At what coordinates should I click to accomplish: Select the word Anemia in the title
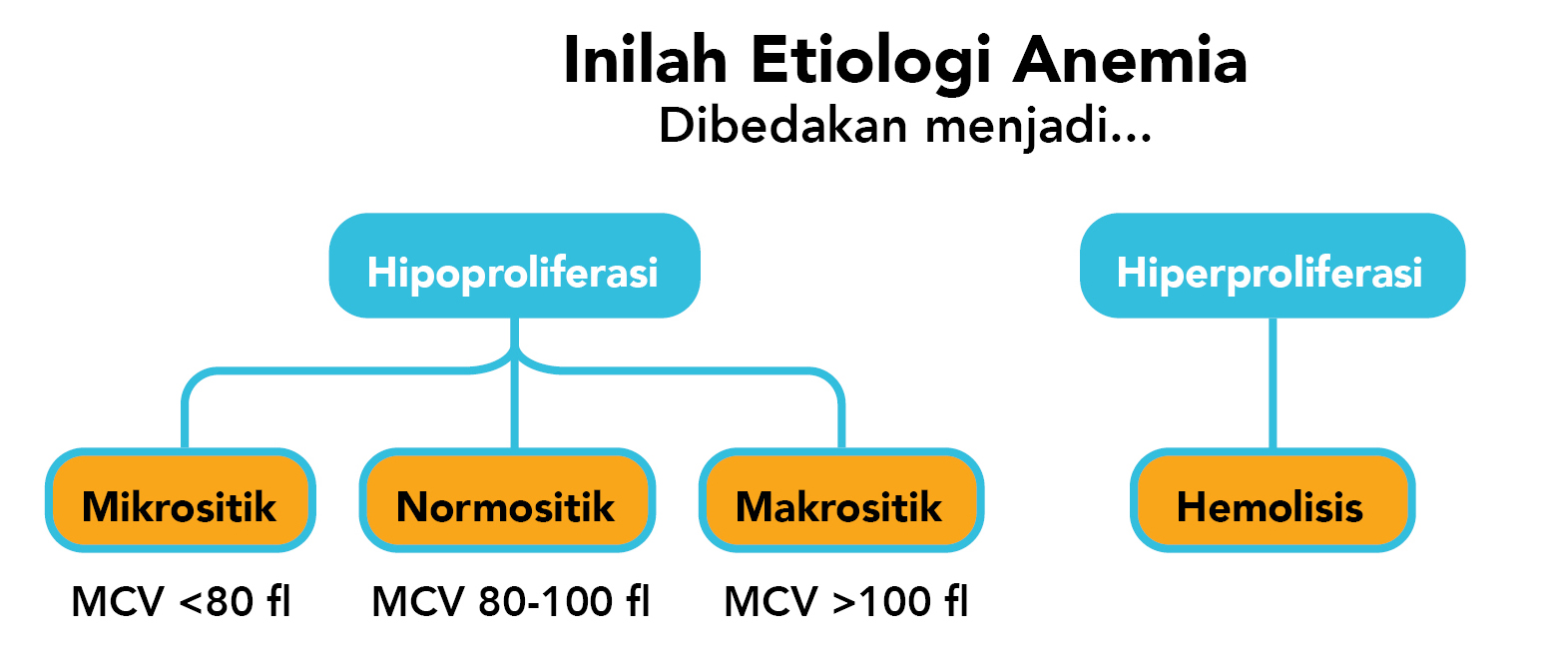pyautogui.click(x=1130, y=62)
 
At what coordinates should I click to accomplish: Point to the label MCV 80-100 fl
pyautogui.click(x=510, y=602)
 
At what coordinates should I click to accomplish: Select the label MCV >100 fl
pyautogui.click(x=845, y=602)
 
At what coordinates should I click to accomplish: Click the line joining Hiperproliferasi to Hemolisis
pyautogui.click(x=1271, y=384)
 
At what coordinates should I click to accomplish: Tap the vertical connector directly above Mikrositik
pyautogui.click(x=185, y=419)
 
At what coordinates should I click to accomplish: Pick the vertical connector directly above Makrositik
pyautogui.click(x=840, y=419)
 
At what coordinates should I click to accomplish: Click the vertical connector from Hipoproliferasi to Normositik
pyautogui.click(x=514, y=409)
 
